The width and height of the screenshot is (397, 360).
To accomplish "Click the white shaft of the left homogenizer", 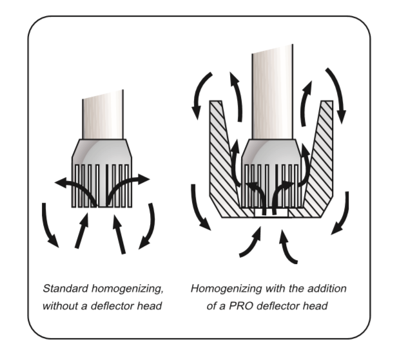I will (104, 118).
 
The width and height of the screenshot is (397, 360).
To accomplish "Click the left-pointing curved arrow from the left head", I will (74, 187).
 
